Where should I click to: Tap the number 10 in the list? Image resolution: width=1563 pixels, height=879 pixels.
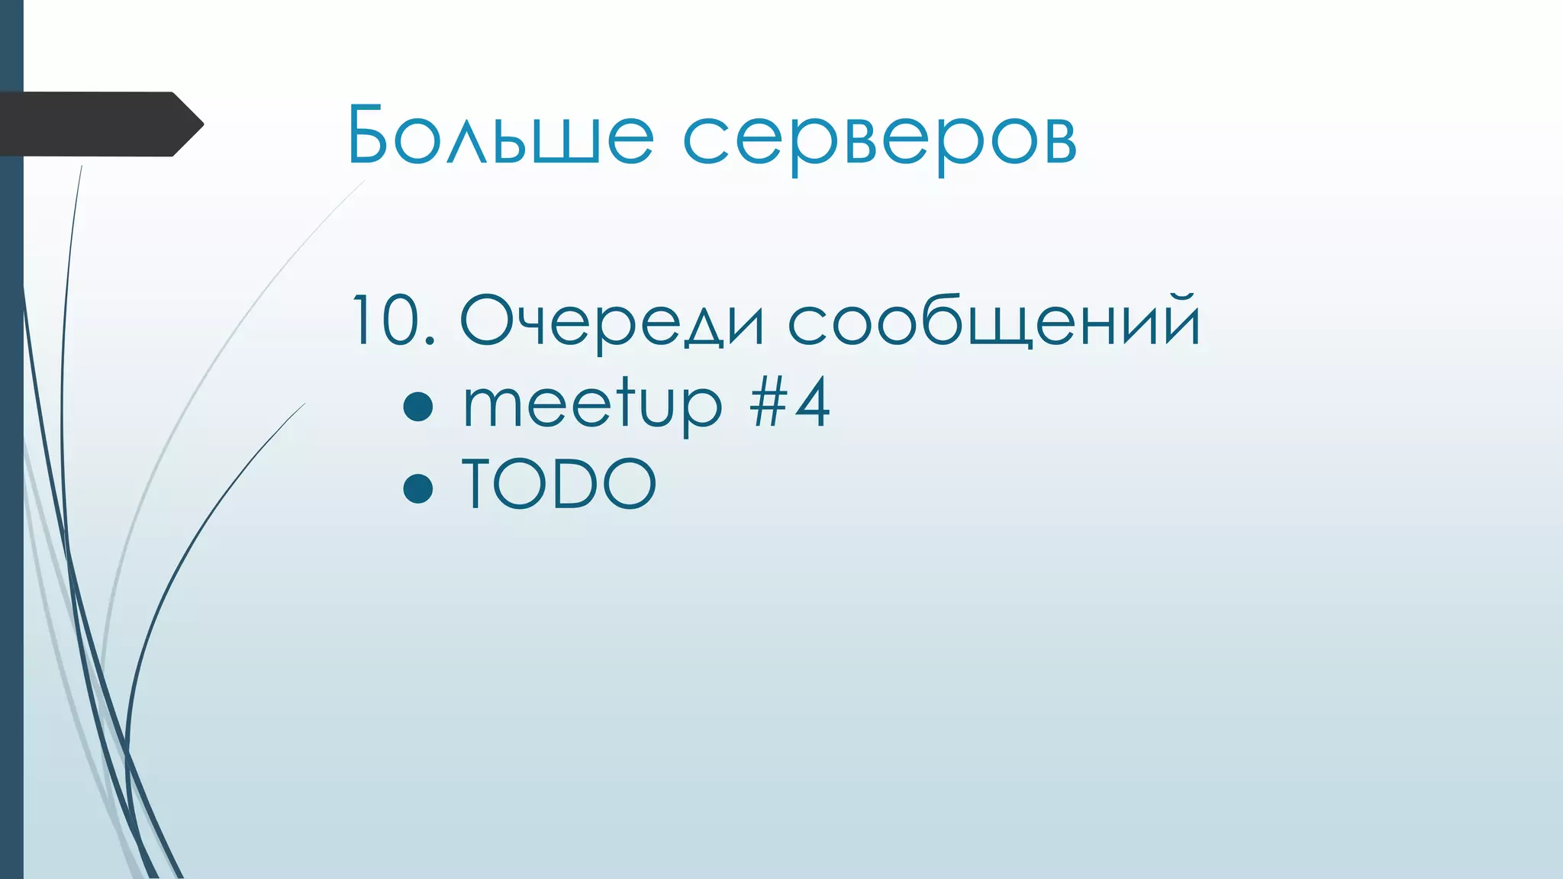click(386, 320)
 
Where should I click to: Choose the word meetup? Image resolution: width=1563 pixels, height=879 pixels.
click(592, 404)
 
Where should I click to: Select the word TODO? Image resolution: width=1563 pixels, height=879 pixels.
click(559, 484)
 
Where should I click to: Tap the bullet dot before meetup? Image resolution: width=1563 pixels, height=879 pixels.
click(418, 407)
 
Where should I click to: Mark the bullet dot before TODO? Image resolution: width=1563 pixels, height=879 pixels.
click(418, 488)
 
